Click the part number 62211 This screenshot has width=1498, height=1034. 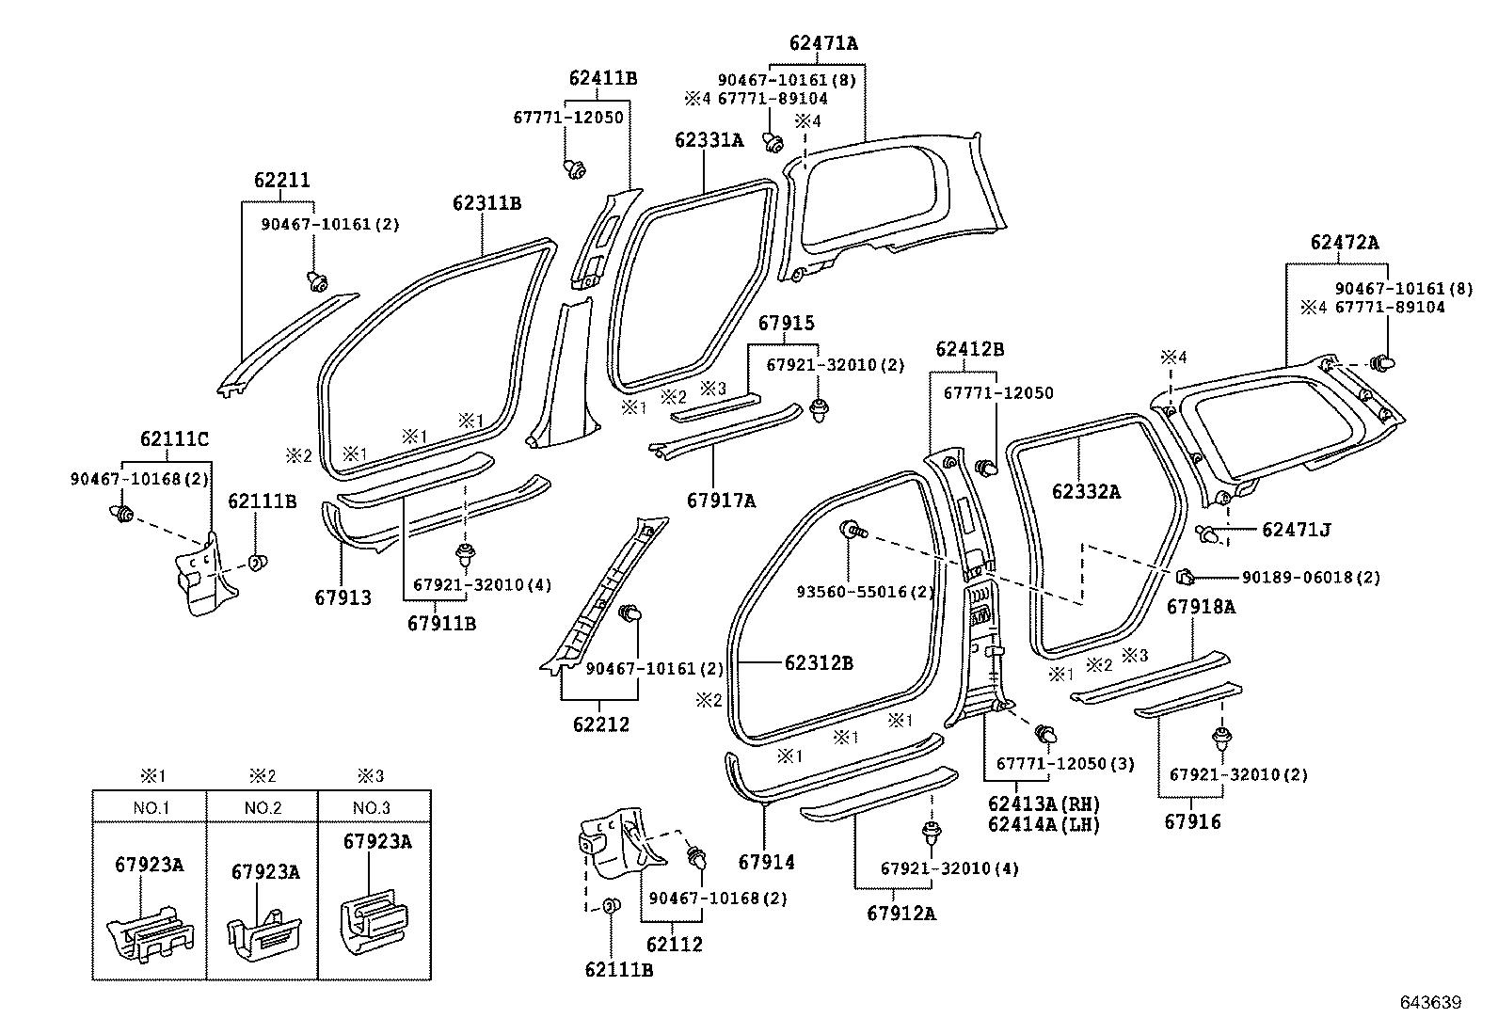click(x=281, y=180)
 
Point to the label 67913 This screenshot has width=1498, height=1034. click(x=343, y=597)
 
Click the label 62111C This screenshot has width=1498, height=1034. click(x=174, y=438)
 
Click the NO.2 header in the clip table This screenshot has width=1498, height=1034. click(x=263, y=807)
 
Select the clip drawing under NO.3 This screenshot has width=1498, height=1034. click(x=374, y=918)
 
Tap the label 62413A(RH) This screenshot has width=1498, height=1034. click(x=1044, y=804)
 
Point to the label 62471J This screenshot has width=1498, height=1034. click(x=1296, y=530)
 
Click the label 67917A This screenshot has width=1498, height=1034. click(x=721, y=501)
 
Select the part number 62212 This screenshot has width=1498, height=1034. click(x=600, y=724)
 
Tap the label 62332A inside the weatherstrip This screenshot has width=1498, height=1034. click(x=1086, y=490)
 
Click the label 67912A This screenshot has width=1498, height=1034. click(x=901, y=913)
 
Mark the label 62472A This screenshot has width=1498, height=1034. click(x=1345, y=242)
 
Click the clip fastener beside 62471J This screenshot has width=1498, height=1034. click(x=1214, y=534)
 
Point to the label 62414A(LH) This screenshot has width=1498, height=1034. click(x=1044, y=824)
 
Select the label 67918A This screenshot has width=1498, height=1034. click(x=1201, y=607)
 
